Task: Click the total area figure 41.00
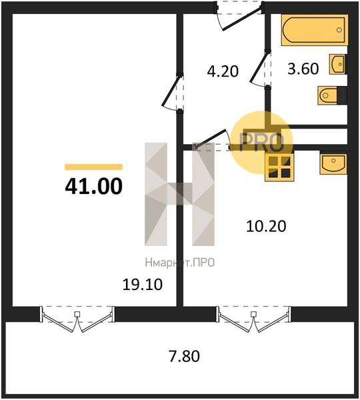93,186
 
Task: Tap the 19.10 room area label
143,285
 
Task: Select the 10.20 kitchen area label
266,226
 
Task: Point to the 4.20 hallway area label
223,71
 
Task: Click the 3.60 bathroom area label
303,69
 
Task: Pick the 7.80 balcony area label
184,356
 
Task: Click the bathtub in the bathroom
315,30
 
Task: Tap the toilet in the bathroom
332,95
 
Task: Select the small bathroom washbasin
338,64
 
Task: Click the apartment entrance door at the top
239,16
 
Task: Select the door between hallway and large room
173,93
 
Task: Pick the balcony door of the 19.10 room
77,319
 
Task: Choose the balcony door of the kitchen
253,319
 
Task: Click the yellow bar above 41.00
93,167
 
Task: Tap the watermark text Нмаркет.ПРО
179,263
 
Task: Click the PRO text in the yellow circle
262,142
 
